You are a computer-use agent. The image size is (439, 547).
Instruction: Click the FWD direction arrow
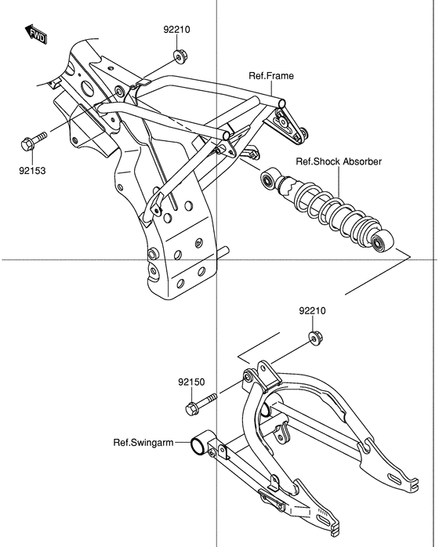point(36,34)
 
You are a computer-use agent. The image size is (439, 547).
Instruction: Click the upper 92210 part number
point(176,30)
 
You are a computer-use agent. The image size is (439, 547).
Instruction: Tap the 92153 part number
point(29,168)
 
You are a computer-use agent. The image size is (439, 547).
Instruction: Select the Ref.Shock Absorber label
point(338,161)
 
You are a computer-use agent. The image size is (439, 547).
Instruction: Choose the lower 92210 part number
point(311,311)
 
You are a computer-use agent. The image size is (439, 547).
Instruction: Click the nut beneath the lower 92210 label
point(315,338)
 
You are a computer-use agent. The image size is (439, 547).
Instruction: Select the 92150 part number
point(190,382)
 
